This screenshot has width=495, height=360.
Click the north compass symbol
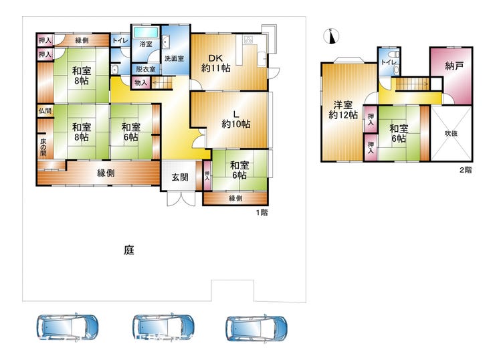click(x=331, y=35)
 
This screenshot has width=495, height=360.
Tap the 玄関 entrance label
click(x=180, y=177)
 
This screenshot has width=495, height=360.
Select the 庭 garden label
click(x=129, y=250)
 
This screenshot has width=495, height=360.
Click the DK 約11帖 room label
click(x=216, y=63)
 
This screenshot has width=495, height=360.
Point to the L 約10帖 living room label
click(x=236, y=119)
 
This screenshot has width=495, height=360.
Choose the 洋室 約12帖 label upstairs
click(x=343, y=110)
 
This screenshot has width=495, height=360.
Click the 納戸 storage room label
click(x=454, y=66)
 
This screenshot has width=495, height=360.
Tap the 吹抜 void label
click(x=451, y=133)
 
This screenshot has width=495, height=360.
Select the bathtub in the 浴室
click(x=146, y=32)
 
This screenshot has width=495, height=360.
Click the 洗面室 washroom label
click(x=175, y=58)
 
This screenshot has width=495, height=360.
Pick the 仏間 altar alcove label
click(x=45, y=111)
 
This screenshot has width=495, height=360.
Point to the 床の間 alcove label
click(x=43, y=147)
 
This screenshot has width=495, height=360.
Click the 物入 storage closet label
click(x=140, y=83)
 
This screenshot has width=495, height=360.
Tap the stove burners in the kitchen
click(x=248, y=39)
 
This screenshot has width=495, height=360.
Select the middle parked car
click(x=163, y=327)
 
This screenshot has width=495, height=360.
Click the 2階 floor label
click(x=466, y=170)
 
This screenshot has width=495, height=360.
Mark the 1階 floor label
click(x=262, y=212)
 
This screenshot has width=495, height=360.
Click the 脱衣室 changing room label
click(x=146, y=69)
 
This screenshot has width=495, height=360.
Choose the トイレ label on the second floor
click(x=389, y=62)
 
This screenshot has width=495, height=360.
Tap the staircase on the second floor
click(x=412, y=84)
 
